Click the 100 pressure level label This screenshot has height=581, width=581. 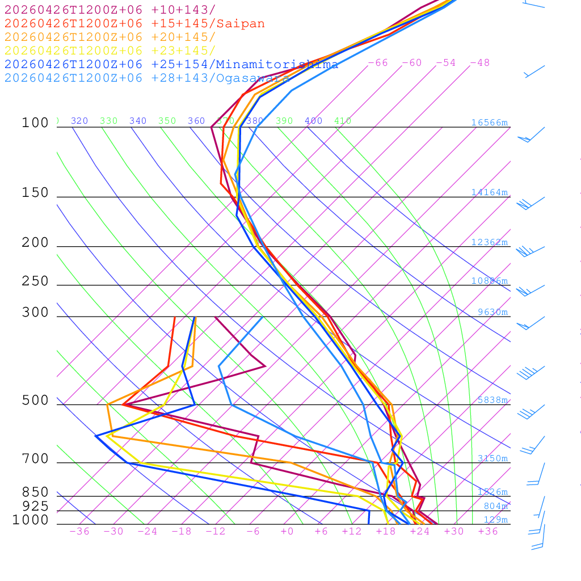coord(35,123)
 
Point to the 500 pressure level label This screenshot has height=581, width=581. coord(35,401)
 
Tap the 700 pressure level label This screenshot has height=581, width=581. coord(35,459)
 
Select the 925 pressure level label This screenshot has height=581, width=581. coord(35,506)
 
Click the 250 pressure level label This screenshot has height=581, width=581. coord(35,281)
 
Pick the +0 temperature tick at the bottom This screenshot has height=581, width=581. coord(287,531)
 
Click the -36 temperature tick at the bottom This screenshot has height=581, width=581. coord(79,531)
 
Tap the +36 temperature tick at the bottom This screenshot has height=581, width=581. coord(487,531)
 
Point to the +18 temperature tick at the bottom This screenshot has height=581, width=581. coord(385,531)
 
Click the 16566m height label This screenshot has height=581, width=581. coord(489,123)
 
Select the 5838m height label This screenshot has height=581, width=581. coord(492,400)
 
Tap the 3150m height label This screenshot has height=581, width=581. coord(492,458)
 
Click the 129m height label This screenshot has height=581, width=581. coord(495,520)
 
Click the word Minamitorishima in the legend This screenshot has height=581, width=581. coord(277,64)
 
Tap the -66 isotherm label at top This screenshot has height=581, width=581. coord(378,62)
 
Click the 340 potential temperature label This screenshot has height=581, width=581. coord(138,121)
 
